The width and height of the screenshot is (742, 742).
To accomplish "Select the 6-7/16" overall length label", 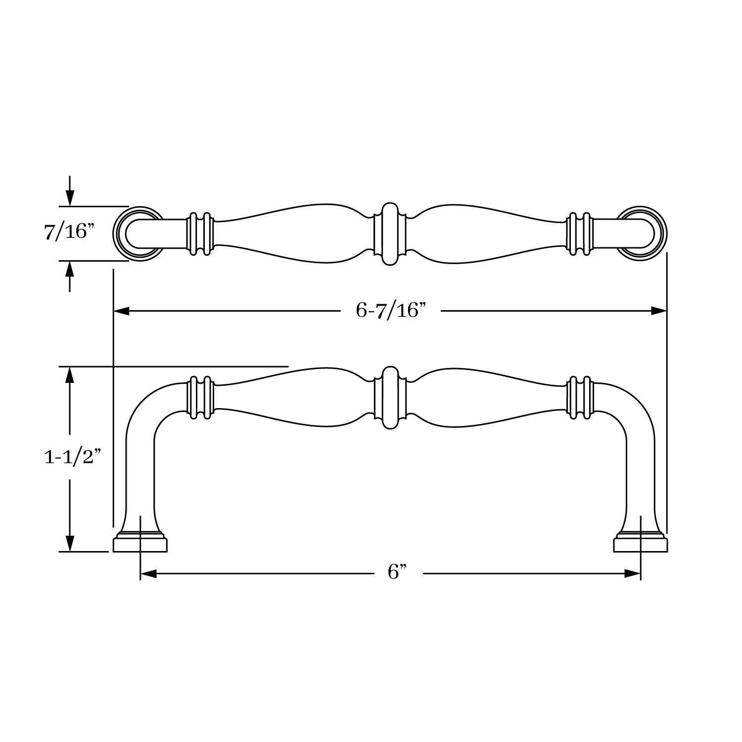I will pyautogui.click(x=391, y=311).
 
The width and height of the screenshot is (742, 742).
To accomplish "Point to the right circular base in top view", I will pyautogui.click(x=642, y=233).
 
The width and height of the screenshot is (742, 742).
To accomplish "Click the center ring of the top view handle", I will pyautogui.click(x=390, y=233).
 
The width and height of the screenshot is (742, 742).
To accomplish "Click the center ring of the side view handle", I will pyautogui.click(x=390, y=398).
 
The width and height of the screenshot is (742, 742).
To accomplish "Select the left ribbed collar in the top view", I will pyautogui.click(x=200, y=234).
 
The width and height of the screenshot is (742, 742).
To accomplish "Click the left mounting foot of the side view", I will pyautogui.click(x=140, y=544).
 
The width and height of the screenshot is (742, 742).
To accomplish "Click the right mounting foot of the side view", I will pyautogui.click(x=641, y=544).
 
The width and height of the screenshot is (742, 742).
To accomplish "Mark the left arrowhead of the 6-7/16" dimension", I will pyautogui.click(x=122, y=311).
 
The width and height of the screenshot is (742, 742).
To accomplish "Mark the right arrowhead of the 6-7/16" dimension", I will pyautogui.click(x=659, y=311).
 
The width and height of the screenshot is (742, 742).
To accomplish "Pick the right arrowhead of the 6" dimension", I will pyautogui.click(x=633, y=573).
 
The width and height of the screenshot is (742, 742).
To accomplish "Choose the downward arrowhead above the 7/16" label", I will pyautogui.click(x=70, y=198).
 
